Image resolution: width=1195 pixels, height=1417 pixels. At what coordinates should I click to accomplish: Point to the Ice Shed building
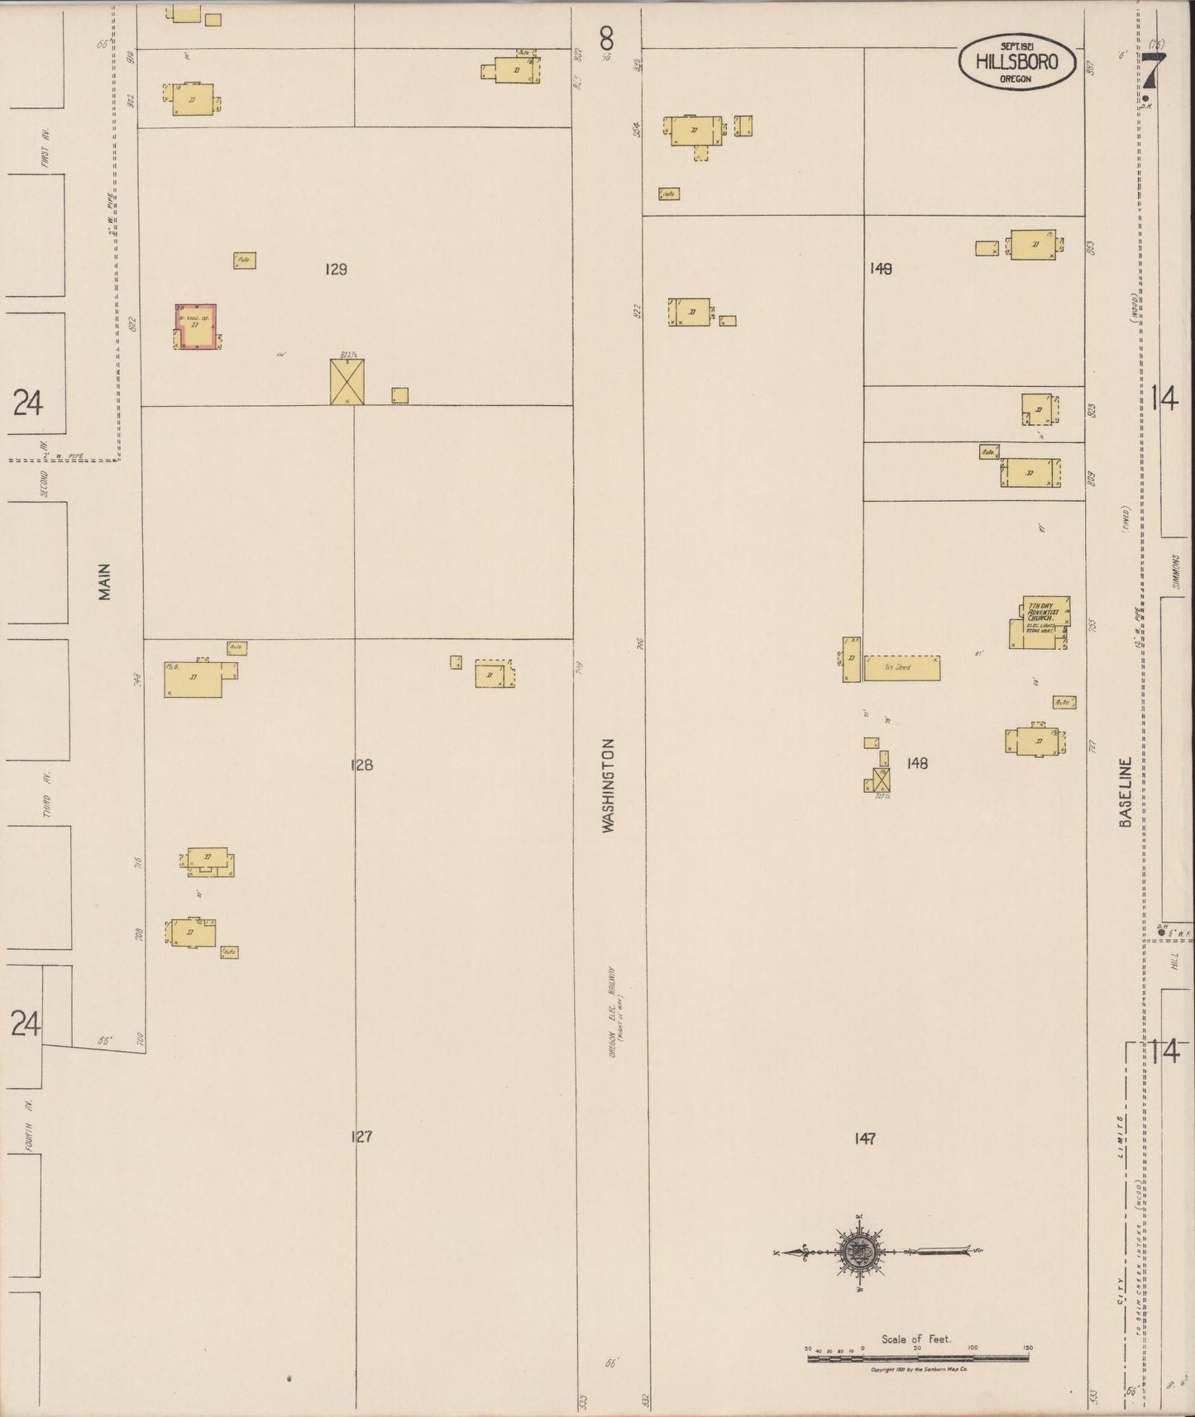point(901,667)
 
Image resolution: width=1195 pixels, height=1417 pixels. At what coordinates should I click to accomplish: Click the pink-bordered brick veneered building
point(198,327)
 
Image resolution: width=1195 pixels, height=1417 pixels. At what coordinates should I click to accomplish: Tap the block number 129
point(336,269)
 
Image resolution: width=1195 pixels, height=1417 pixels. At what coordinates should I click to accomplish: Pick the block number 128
point(361,765)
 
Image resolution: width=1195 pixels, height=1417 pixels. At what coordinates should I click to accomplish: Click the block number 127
point(361,1137)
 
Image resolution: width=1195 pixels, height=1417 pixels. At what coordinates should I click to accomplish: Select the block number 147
point(865,1138)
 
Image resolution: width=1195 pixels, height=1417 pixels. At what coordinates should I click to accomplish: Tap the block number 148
point(917,763)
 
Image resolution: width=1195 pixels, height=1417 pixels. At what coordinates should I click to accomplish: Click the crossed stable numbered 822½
point(347,382)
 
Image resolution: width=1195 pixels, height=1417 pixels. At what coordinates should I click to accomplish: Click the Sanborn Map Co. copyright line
point(917,1369)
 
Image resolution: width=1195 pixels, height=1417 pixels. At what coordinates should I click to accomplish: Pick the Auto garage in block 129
point(244,260)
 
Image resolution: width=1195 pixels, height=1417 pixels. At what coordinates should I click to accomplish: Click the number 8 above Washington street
point(607,37)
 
